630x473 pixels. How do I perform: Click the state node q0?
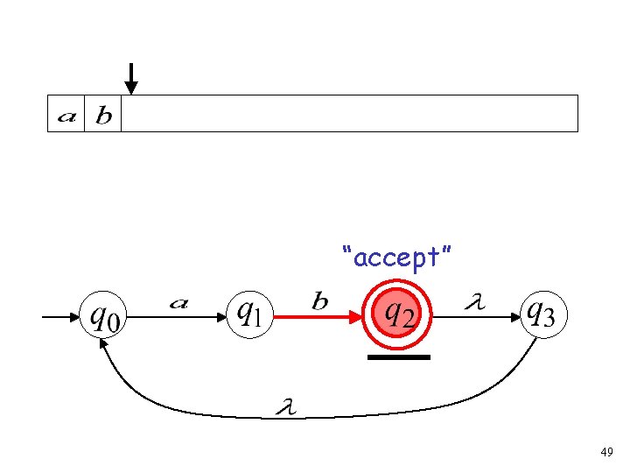pyautogui.click(x=102, y=314)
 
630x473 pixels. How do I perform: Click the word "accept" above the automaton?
pyautogui.click(x=398, y=258)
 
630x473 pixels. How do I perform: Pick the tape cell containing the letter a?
pyautogui.click(x=66, y=114)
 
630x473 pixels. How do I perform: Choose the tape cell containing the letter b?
pyautogui.click(x=103, y=114)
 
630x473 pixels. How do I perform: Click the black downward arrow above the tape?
pyautogui.click(x=130, y=79)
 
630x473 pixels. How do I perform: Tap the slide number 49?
pyautogui.click(x=605, y=453)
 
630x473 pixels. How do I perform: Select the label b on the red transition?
pyautogui.click(x=320, y=301)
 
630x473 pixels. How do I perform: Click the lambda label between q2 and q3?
pyautogui.click(x=475, y=301)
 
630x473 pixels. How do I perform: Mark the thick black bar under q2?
pyautogui.click(x=399, y=357)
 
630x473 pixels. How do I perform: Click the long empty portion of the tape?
pyautogui.click(x=350, y=114)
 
